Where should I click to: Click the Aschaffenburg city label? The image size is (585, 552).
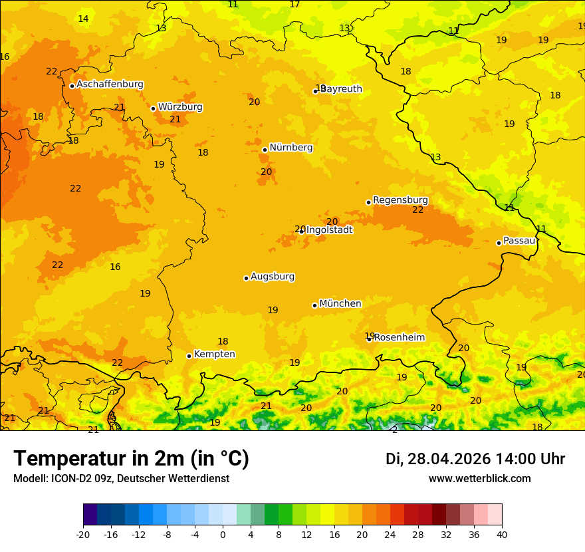click(x=110, y=84)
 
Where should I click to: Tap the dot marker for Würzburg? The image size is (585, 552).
click(x=154, y=108)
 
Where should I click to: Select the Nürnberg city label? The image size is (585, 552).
click(x=291, y=148)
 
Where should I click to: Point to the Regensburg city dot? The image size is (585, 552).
click(x=368, y=202)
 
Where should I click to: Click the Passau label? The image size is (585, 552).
click(x=519, y=241)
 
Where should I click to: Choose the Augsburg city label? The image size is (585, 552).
click(x=273, y=277)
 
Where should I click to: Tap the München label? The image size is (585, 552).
click(x=340, y=304)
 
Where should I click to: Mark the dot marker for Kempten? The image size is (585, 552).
click(x=189, y=356)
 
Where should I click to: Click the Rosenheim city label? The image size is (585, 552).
click(x=399, y=338)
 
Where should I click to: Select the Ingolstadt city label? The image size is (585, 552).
click(x=329, y=230)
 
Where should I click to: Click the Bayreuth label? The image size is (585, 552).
click(x=341, y=89)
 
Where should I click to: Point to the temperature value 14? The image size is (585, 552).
click(x=83, y=19)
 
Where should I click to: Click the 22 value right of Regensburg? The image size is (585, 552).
click(x=417, y=209)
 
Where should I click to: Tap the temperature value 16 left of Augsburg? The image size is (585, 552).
click(x=115, y=267)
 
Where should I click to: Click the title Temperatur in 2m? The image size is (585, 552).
click(x=131, y=459)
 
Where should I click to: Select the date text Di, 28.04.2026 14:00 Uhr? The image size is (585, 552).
click(x=475, y=459)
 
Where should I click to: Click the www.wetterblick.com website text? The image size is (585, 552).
click(x=479, y=479)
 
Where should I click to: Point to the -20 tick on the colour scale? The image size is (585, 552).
click(x=83, y=534)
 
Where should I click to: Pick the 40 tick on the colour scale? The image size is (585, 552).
click(x=502, y=534)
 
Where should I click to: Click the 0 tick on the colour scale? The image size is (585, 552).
click(x=223, y=534)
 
